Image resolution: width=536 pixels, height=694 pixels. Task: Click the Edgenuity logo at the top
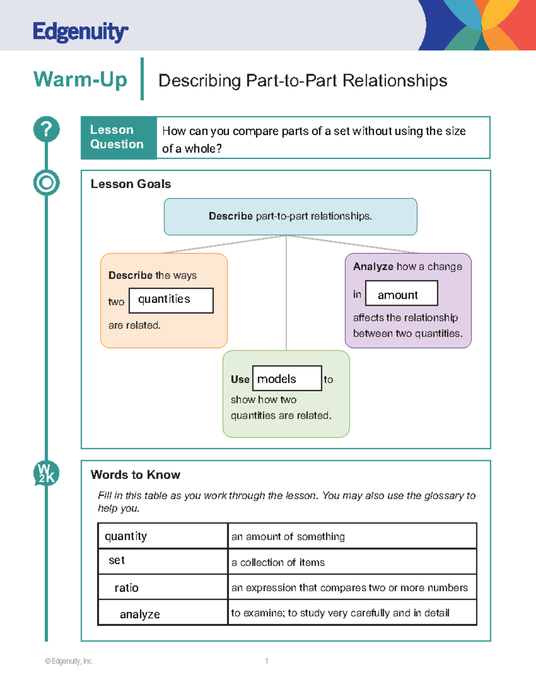click(x=80, y=32)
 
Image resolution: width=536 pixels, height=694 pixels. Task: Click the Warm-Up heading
click(x=80, y=80)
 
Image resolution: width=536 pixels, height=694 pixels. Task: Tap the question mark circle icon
click(x=46, y=129)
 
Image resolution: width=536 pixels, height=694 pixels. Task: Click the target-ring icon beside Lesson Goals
click(x=46, y=182)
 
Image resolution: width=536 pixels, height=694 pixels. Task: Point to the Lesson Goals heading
click(x=130, y=184)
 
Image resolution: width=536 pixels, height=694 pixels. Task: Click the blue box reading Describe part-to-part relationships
click(x=290, y=217)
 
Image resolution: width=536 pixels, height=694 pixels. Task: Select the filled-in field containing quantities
click(x=171, y=300)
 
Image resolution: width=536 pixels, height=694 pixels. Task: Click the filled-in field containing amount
click(x=401, y=294)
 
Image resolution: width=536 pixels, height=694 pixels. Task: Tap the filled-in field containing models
click(x=287, y=379)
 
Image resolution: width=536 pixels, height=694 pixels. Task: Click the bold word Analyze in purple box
click(x=373, y=267)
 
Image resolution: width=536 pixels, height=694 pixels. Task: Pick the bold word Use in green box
click(x=240, y=379)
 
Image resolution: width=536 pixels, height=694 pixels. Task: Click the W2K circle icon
click(x=46, y=473)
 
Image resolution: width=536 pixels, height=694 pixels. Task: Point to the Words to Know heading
click(x=135, y=475)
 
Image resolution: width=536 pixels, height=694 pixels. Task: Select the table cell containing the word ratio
click(x=163, y=587)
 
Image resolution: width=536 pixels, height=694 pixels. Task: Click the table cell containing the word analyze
click(x=163, y=613)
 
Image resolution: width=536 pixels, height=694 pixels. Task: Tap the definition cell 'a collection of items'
click(x=352, y=562)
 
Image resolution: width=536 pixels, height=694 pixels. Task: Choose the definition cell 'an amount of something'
click(x=352, y=536)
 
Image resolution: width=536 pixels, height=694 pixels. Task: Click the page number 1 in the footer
click(x=267, y=661)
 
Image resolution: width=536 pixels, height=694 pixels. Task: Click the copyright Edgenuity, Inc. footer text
click(x=69, y=661)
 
